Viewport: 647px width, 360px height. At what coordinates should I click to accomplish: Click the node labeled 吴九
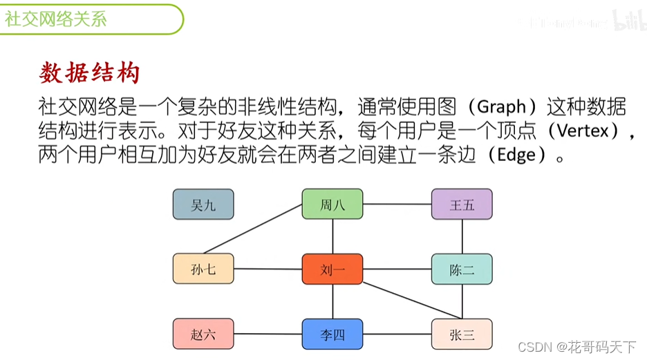203,205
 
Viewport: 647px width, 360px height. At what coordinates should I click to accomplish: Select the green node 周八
332,205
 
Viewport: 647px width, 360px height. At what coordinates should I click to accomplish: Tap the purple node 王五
462,205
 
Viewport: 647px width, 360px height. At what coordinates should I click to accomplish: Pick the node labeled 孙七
203,269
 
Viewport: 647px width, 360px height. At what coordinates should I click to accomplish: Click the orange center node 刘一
332,269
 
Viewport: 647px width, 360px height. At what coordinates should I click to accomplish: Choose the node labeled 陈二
462,269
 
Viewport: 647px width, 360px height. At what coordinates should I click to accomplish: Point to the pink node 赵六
203,334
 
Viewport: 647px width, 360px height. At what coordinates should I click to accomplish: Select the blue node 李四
332,334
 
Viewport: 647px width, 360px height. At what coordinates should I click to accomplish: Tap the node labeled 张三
462,334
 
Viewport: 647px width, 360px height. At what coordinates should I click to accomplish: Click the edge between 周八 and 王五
397,205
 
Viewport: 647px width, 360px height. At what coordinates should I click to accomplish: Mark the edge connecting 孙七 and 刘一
268,269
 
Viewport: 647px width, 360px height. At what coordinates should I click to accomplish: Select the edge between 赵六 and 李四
268,334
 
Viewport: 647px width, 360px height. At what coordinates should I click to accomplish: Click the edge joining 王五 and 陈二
462,237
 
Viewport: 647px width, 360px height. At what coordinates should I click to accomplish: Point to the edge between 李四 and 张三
397,334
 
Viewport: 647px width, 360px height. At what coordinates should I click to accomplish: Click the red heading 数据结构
90,73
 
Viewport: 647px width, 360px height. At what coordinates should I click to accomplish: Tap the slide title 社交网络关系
57,19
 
